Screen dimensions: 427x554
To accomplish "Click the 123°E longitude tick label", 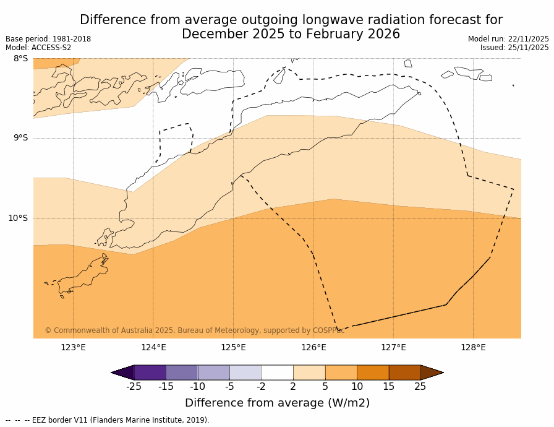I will click(73, 347).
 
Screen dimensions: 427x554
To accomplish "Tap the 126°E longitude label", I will click(313, 347).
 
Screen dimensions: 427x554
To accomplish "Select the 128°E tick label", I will click(473, 347).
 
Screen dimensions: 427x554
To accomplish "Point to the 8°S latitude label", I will click(20, 59).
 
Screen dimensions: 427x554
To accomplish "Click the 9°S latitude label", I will click(20, 138).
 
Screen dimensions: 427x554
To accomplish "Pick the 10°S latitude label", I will click(18, 218).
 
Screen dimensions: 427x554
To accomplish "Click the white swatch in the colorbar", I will click(277, 372).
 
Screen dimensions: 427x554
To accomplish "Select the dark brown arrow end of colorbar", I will click(431, 372).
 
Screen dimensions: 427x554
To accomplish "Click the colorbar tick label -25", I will click(133, 387).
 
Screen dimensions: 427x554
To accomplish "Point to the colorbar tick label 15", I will click(388, 387).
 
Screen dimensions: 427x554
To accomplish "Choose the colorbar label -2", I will click(261, 387).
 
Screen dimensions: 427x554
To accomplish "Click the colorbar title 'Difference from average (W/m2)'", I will click(277, 403).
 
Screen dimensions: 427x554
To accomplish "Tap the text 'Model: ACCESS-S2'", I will click(38, 48).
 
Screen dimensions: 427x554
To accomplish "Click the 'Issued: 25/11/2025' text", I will click(514, 48).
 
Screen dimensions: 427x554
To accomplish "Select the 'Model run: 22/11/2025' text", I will click(508, 39).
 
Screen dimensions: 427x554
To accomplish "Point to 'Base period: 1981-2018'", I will click(48, 39).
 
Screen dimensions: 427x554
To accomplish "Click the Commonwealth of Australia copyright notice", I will click(195, 330).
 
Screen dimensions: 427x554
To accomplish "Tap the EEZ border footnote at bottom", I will click(108, 420).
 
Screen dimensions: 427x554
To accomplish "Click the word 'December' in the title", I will click(212, 34).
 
